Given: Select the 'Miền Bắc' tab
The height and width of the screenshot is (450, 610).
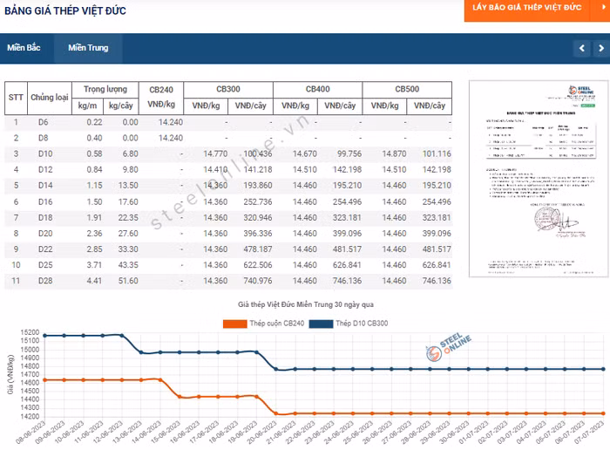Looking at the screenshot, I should pyautogui.click(x=24, y=48).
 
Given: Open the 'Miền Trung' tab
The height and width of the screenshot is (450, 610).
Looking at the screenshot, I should pyautogui.click(x=88, y=48).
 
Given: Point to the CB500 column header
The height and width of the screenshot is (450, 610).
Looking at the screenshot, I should pyautogui.click(x=407, y=90).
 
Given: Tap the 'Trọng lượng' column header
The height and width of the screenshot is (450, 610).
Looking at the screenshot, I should pyautogui.click(x=105, y=90).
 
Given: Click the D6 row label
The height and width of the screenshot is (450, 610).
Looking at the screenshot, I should pyautogui.click(x=44, y=122).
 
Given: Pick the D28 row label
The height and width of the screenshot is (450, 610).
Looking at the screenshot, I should pyautogui.click(x=45, y=281).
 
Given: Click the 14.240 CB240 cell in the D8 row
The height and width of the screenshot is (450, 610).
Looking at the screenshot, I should pyautogui.click(x=171, y=138).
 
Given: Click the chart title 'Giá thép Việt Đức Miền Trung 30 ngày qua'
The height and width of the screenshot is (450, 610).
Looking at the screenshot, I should pyautogui.click(x=305, y=304).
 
